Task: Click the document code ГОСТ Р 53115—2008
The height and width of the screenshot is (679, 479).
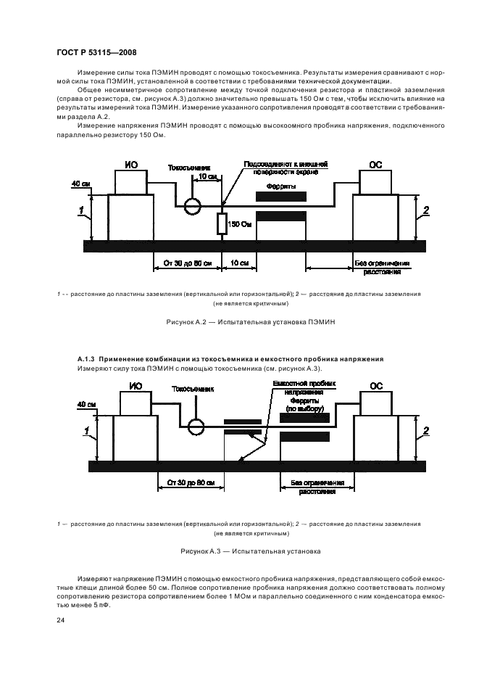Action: pos(96,52)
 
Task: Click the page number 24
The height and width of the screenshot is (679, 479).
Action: pos(61,621)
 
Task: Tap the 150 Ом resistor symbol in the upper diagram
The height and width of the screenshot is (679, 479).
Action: pos(222,225)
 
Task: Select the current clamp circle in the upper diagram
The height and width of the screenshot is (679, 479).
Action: pos(193,206)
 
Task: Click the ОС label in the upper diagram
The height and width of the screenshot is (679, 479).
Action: pos(375,165)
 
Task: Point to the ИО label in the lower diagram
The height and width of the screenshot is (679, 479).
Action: pos(136,387)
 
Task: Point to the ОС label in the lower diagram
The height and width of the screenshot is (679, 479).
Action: pos(375,387)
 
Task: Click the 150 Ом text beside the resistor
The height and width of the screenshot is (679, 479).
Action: pos(238,225)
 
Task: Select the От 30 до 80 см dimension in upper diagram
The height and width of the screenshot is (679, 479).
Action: pos(186,263)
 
